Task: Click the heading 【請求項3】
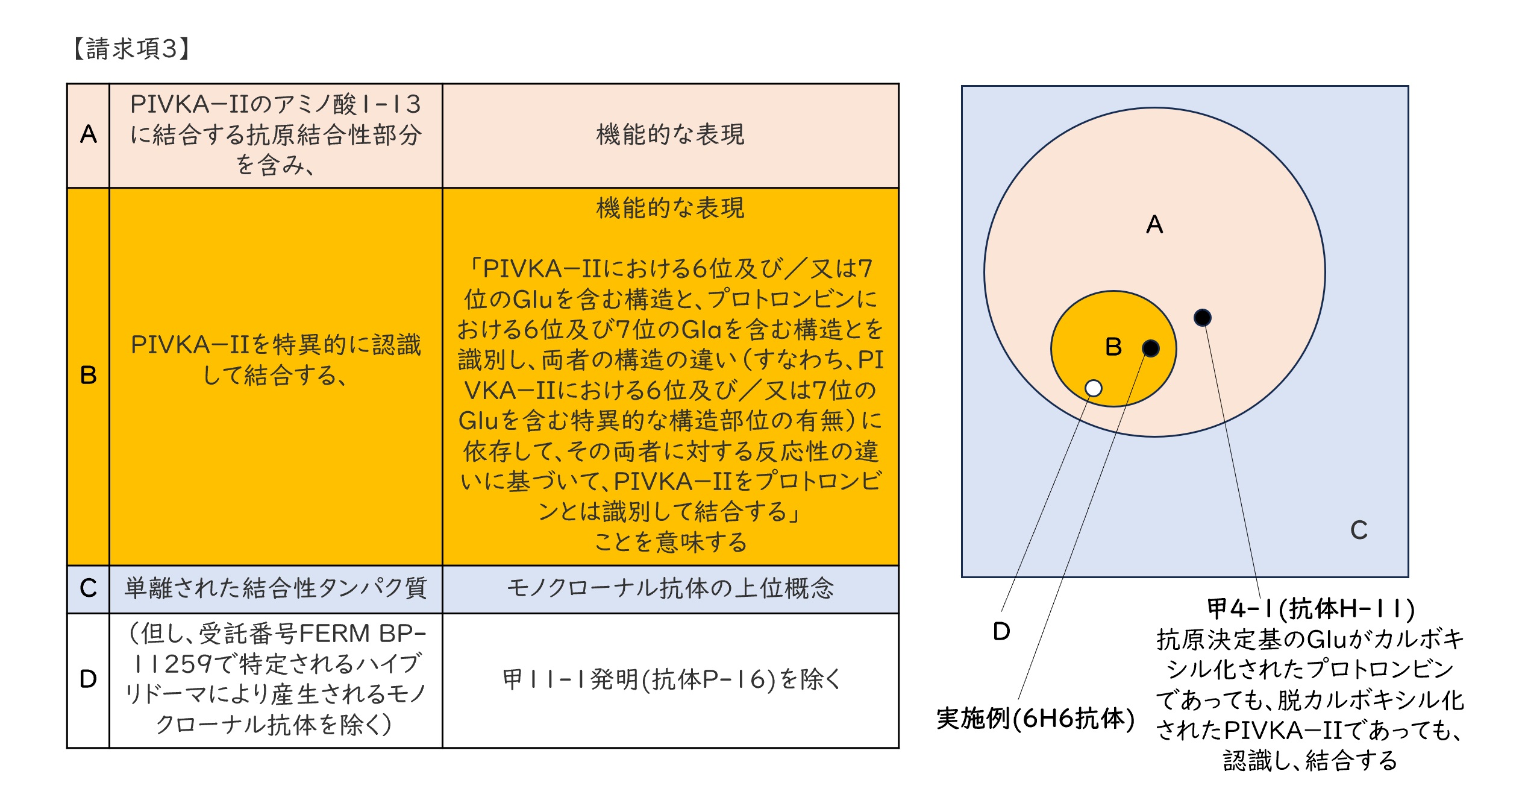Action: (x=131, y=48)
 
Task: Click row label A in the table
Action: (x=89, y=134)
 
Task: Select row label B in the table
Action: (x=89, y=375)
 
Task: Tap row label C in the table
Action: (x=89, y=588)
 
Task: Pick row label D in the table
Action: (x=89, y=679)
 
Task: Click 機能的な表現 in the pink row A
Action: (x=670, y=134)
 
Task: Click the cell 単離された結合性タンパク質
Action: (x=276, y=588)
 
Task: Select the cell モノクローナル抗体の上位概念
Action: (x=670, y=588)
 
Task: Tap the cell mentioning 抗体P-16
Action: (x=670, y=679)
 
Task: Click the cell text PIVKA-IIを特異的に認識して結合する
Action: (x=276, y=360)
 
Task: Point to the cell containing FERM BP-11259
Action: (x=276, y=679)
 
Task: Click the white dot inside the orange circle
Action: (x=1093, y=388)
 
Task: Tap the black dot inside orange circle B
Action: (x=1150, y=348)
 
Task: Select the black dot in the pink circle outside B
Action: (x=1202, y=317)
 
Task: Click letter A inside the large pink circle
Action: (x=1154, y=224)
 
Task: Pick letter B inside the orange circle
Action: (x=1113, y=347)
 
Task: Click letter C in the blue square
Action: (x=1359, y=530)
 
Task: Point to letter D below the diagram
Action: (x=1001, y=631)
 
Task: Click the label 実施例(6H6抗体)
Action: (x=1035, y=718)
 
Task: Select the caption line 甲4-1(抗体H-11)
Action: (x=1310, y=609)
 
